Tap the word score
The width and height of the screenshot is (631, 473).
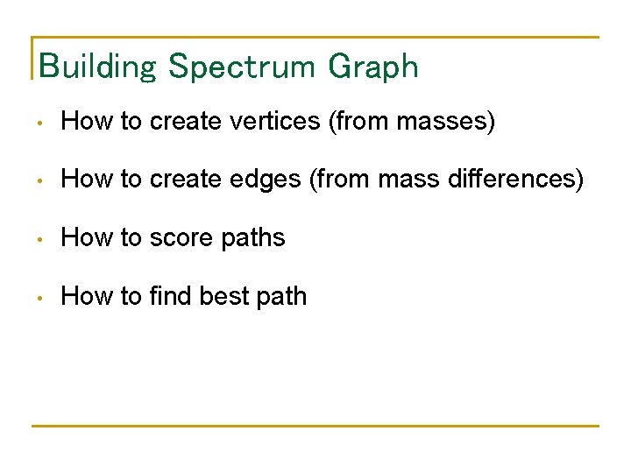[182, 237]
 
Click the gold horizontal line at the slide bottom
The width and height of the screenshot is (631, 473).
[315, 426]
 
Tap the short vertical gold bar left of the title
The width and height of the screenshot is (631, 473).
[32, 58]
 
